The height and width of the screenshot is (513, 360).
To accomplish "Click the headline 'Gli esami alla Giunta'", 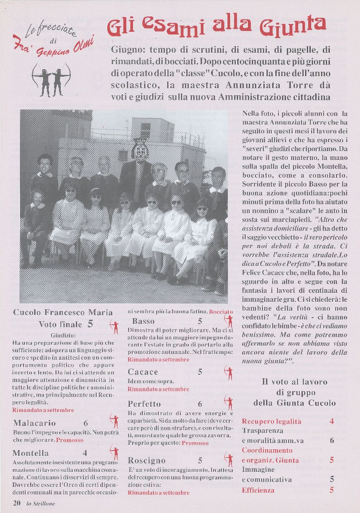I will [217, 27].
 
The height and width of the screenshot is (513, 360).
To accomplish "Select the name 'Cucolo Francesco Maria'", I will [63, 312].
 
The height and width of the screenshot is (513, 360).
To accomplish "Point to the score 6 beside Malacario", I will [86, 423].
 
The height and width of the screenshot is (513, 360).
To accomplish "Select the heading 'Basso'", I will [143, 321].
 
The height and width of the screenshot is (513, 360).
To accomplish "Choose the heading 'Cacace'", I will [143, 371].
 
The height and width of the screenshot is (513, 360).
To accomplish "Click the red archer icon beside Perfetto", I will [229, 403].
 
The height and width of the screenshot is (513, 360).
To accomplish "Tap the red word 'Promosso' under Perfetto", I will [195, 443].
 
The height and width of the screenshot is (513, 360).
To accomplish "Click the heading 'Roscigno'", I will [146, 460].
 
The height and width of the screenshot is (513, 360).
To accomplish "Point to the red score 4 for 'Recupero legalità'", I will [332, 421].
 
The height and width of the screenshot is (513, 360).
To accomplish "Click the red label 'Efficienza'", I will [258, 490].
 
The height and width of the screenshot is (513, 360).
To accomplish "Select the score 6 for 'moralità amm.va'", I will [332, 440].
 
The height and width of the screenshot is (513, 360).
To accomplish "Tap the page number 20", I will [17, 503].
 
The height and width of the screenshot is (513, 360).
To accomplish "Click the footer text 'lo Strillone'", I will [41, 503].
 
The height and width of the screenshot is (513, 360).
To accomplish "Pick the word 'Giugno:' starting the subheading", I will [127, 49].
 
